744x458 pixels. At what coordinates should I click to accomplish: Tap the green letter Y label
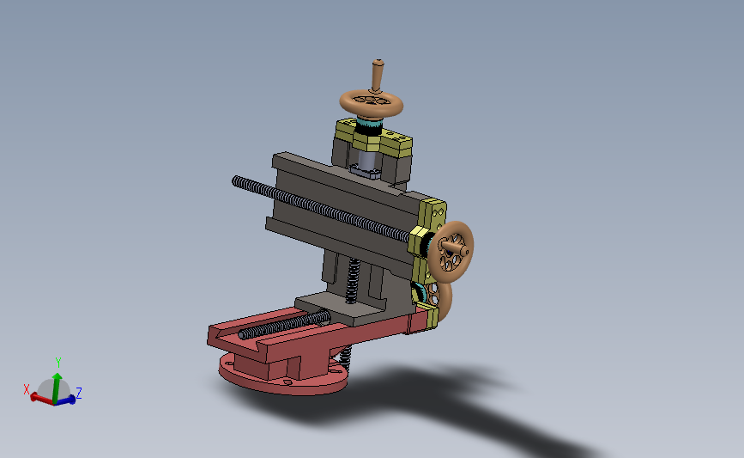(x=57, y=363)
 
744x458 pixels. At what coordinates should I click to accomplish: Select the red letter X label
(x=27, y=389)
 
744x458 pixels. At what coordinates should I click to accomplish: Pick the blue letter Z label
(x=79, y=393)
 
